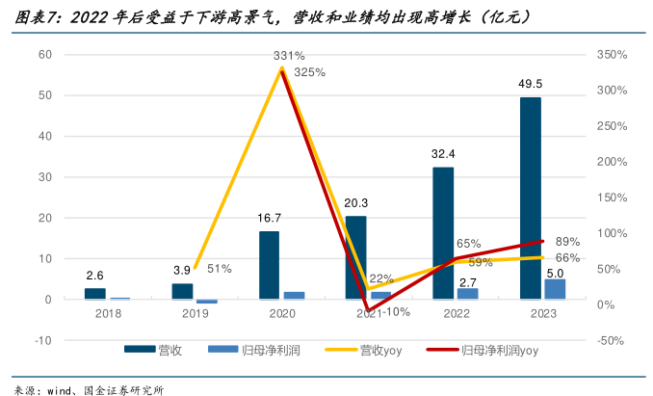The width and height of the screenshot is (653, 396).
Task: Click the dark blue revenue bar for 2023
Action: pos(530,198)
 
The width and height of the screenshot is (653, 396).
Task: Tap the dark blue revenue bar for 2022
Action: pos(443,233)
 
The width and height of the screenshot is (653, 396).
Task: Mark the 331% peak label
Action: pos(289,56)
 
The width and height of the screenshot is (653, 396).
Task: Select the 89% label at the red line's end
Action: pos(567,241)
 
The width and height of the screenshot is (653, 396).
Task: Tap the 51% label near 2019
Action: pos(219,268)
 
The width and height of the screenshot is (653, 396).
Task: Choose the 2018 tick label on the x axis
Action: pos(95,313)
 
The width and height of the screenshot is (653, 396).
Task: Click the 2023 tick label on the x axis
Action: pos(530,313)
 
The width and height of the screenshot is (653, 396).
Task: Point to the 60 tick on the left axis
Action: pos(45,54)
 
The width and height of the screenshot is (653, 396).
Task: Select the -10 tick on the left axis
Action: pos(41,340)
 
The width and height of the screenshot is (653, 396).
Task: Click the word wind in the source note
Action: pos(60,387)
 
